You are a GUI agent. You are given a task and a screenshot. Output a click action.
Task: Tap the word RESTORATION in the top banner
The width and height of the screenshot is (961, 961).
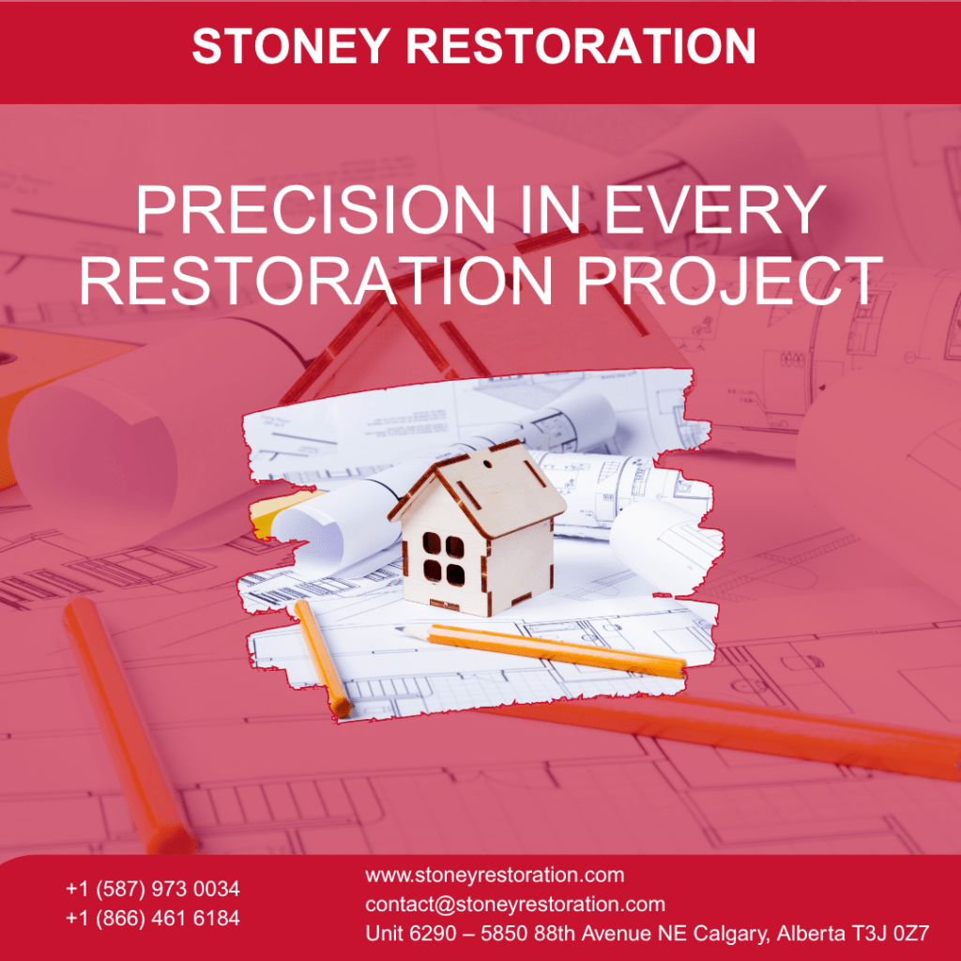pos(583,46)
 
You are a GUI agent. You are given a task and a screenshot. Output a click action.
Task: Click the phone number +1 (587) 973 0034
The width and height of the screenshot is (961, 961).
pos(153,888)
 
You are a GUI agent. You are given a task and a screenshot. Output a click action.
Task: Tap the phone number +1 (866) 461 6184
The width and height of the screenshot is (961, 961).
pos(153,918)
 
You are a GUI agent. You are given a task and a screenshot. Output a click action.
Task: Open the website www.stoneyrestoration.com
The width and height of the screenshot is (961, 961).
pos(495,876)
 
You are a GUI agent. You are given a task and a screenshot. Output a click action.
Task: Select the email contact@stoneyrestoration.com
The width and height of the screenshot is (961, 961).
pos(515,905)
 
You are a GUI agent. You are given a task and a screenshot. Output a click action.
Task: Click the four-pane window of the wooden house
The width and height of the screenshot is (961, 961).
pos(442,559)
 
